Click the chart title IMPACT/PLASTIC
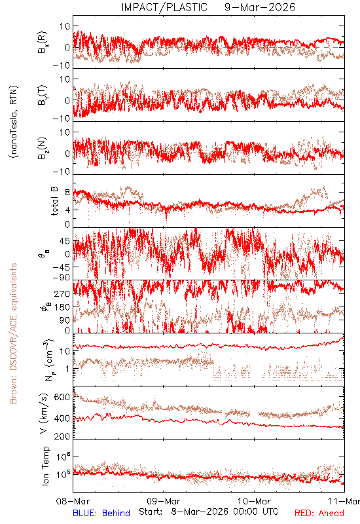pos(164,7)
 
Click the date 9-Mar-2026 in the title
pos(260,7)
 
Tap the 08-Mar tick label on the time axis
pos(73,501)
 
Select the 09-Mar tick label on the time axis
pos(164,501)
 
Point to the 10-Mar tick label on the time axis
pos(254,501)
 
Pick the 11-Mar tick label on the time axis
pos(344,501)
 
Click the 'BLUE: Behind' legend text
pos(101,513)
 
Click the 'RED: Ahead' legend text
pos(319,513)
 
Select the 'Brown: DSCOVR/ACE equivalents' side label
pos(13,333)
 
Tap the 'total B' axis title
pos(54,201)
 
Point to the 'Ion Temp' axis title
pos(45,466)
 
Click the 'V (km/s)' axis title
pos(44,413)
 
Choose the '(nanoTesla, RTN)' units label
pos(14,122)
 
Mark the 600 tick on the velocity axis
pos(62,398)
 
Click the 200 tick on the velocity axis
pos(62,436)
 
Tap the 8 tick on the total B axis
pos(67,193)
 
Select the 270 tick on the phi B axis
pos(62,293)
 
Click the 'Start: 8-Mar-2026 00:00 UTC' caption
pos(209,512)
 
